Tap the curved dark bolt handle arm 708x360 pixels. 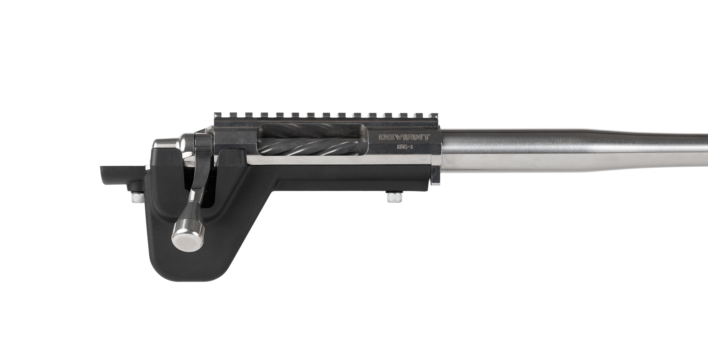(x=199, y=174)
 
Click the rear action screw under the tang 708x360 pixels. (x=137, y=197)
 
